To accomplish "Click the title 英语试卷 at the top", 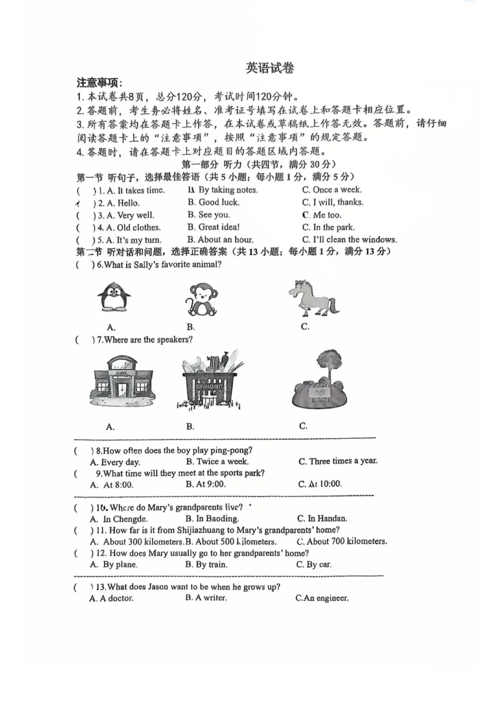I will pos(270,68).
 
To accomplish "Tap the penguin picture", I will pos(113,297).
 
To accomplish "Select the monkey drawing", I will pos(201,300).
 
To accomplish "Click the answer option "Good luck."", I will pos(214,202).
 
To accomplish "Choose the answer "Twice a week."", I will pos(217,461).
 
